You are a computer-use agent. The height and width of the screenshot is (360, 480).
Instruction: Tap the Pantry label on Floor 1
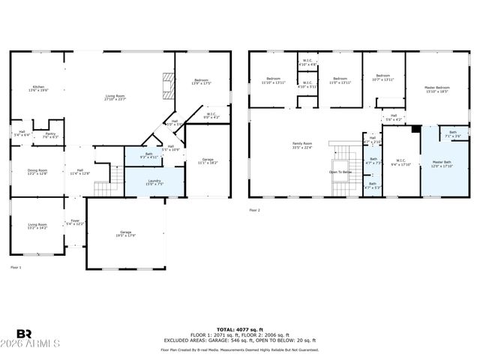click(50, 136)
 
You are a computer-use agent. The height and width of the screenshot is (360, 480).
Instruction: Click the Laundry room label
click(154, 182)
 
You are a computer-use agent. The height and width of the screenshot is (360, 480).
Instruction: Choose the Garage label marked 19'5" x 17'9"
click(125, 234)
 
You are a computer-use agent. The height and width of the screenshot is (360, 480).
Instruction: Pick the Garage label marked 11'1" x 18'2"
click(208, 161)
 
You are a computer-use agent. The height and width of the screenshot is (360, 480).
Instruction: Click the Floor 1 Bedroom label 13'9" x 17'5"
click(202, 81)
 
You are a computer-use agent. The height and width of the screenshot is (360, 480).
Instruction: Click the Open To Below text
click(340, 172)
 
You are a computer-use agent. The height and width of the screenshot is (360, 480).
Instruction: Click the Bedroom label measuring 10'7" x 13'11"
click(383, 77)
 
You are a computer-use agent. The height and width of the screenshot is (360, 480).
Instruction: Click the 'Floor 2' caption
click(255, 211)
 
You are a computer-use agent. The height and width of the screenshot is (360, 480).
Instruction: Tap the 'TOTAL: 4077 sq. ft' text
click(239, 329)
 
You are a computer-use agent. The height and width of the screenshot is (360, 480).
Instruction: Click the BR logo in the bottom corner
click(25, 334)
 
